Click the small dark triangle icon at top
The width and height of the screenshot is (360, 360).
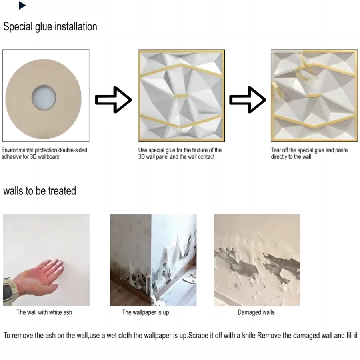pyautogui.click(x=22, y=6)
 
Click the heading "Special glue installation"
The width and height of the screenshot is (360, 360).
pyautogui.click(x=50, y=27)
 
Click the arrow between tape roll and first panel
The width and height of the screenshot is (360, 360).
pyautogui.click(x=113, y=100)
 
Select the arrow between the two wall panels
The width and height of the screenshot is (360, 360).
pyautogui.click(x=248, y=100)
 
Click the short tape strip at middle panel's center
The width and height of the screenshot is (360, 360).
pyautogui.click(x=182, y=96)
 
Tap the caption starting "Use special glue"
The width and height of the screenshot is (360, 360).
pyautogui.click(x=180, y=153)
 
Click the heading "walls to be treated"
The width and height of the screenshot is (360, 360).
pyautogui.click(x=40, y=191)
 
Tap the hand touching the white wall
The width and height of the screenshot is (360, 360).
pyautogui.click(x=44, y=274)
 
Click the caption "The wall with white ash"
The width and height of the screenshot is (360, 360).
pyautogui.click(x=44, y=312)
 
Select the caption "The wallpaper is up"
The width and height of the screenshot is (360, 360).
pyautogui.click(x=145, y=312)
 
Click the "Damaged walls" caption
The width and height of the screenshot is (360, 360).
pyautogui.click(x=256, y=312)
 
